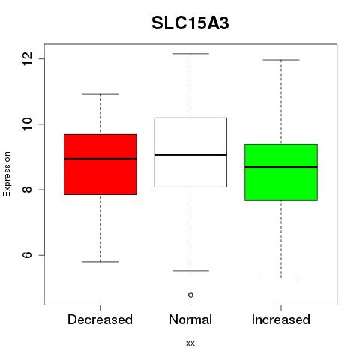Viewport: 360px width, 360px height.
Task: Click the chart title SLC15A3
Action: tap(190, 23)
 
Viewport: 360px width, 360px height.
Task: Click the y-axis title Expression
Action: tap(7, 175)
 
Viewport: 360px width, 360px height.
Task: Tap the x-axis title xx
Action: tap(190, 343)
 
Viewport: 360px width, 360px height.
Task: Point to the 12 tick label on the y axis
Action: tap(27, 59)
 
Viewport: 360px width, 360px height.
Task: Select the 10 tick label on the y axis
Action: tap(27, 124)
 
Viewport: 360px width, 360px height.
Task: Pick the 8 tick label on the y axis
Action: tap(27, 190)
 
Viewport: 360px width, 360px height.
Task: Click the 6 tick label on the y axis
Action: tap(27, 255)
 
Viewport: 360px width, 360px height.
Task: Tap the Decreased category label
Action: tap(100, 319)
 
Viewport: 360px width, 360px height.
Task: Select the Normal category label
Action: tap(190, 319)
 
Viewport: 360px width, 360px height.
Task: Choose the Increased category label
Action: tap(281, 319)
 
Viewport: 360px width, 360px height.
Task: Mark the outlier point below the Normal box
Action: tap(190, 295)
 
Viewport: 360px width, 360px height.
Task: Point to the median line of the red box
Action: tap(100, 159)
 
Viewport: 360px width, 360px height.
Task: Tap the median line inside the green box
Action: tap(281, 167)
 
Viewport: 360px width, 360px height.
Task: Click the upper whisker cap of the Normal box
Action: tap(190, 54)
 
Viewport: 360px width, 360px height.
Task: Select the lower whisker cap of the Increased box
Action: tap(281, 277)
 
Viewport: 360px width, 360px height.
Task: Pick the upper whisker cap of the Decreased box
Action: tap(100, 94)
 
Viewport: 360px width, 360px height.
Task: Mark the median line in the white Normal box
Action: tap(190, 155)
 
